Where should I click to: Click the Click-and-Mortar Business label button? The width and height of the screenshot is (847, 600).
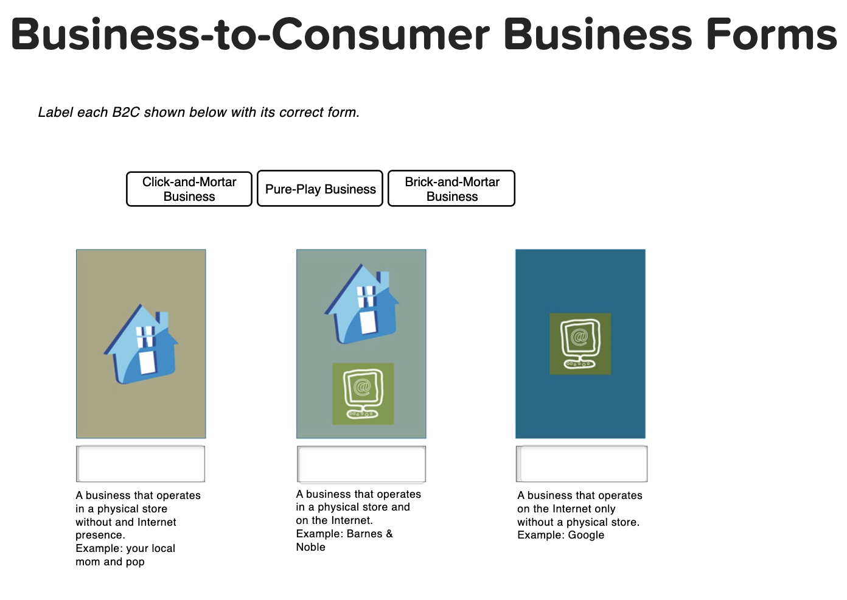tap(189, 189)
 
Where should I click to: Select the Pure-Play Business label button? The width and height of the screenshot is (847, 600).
tap(320, 189)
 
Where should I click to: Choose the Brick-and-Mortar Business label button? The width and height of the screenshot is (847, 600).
tap(451, 189)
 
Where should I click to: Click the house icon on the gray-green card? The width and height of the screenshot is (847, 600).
tap(362, 304)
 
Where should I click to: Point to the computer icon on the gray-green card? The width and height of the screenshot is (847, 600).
tap(363, 394)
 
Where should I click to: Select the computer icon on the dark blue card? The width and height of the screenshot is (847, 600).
tap(580, 344)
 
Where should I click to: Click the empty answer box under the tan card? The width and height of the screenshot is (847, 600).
tap(141, 464)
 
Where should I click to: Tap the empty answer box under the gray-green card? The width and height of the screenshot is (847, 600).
tap(361, 464)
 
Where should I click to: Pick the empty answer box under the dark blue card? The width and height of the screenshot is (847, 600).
tap(582, 464)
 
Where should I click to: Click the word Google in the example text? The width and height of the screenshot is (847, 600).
tap(586, 535)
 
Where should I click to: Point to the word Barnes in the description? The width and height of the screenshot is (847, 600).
tap(364, 534)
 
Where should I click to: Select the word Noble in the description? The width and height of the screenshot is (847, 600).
tap(310, 547)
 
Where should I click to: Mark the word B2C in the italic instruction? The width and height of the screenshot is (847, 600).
tap(126, 113)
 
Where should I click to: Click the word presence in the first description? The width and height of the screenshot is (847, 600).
tap(100, 535)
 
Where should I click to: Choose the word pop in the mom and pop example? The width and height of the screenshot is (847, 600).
tap(135, 562)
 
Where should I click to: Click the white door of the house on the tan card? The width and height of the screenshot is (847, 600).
tap(148, 361)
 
